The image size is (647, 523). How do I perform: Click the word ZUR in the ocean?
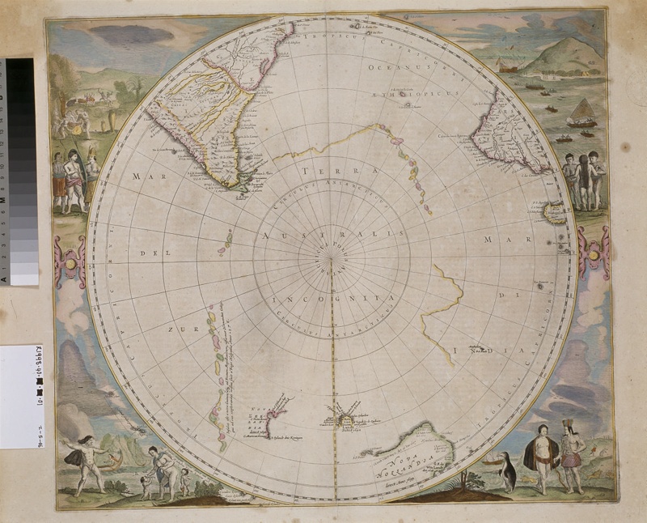pyautogui.click(x=179, y=330)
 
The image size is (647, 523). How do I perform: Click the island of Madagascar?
pyautogui.click(x=555, y=212)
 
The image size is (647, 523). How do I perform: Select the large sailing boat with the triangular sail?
pyautogui.click(x=581, y=113)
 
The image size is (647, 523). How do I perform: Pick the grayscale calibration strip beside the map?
pyautogui.click(x=21, y=170)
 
